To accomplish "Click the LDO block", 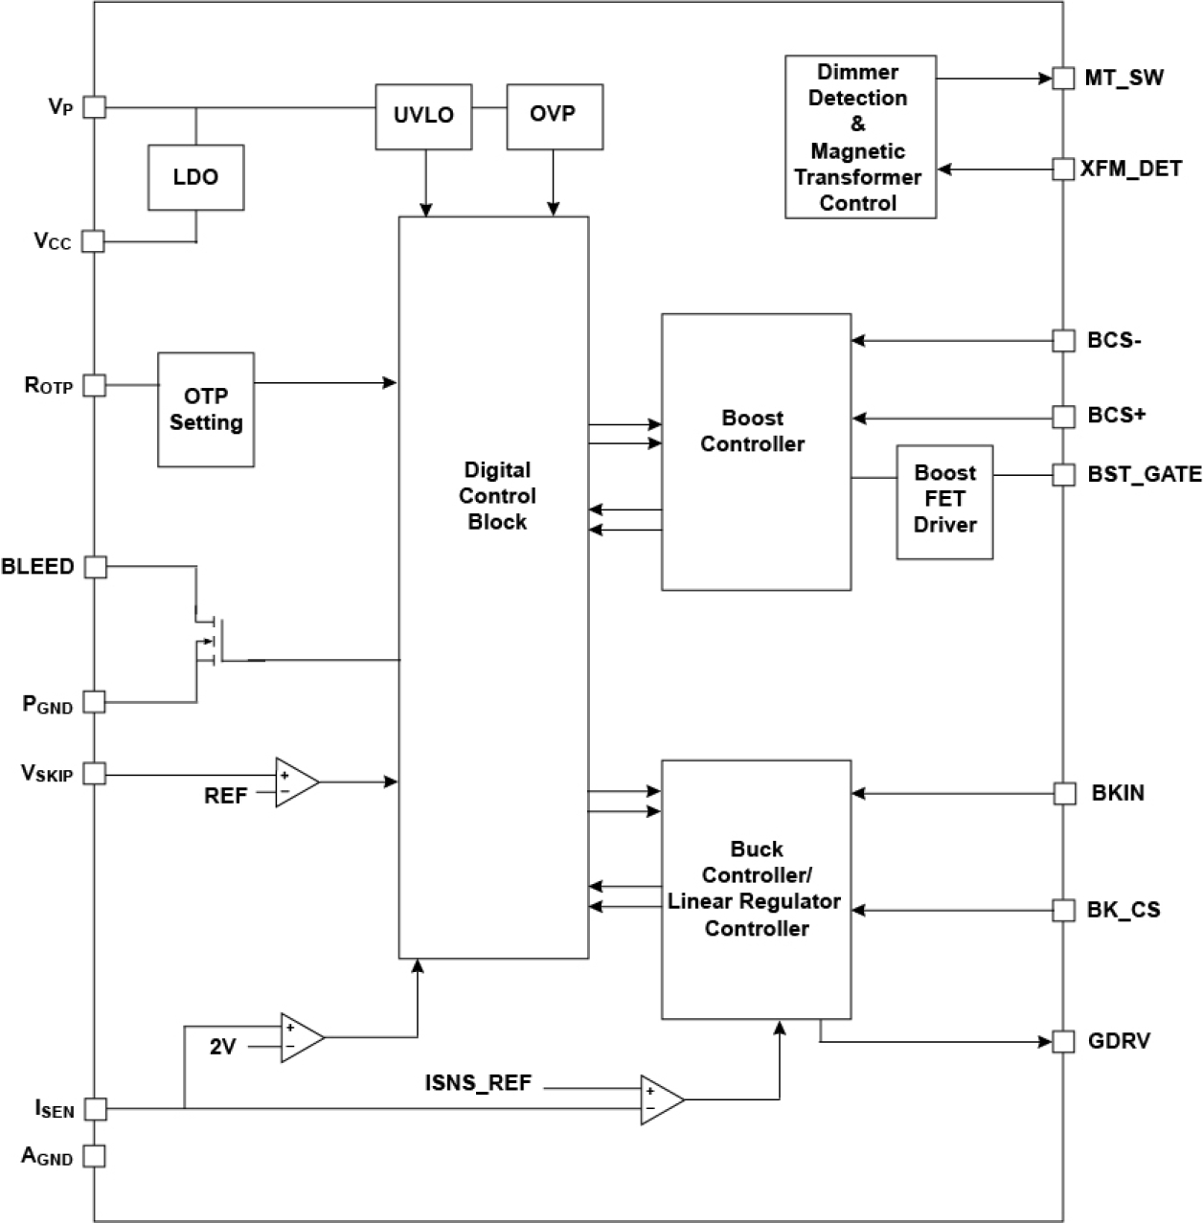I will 195,177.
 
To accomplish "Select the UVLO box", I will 423,116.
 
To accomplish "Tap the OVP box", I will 554,116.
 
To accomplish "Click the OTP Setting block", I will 206,410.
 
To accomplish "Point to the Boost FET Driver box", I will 944,501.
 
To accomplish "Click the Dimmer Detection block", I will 859,137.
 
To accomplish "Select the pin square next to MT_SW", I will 1063,79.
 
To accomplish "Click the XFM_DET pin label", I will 1132,170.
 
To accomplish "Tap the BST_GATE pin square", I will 1063,474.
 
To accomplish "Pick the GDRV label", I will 1120,1041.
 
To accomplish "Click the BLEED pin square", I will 94,567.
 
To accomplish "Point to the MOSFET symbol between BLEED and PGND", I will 211,637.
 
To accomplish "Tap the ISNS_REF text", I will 478,1084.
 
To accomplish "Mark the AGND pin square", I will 94,1156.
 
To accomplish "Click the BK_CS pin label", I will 1124,909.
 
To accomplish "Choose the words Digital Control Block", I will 497,496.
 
